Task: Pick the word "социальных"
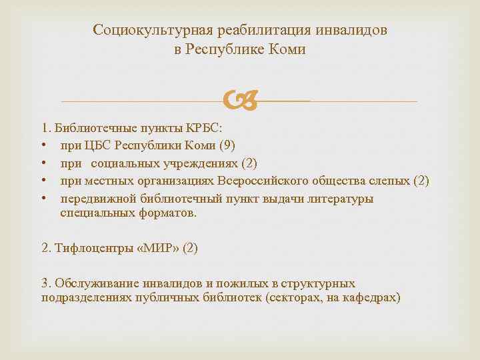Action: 123,163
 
